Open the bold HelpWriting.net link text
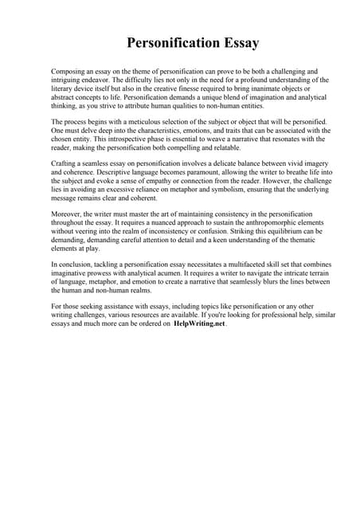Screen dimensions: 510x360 pos(199,324)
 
